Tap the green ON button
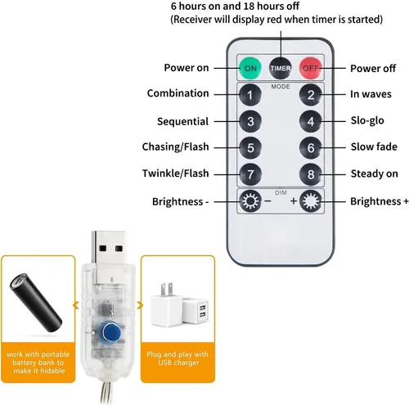pos(250,68)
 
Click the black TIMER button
pos(281,68)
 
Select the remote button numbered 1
pos(250,95)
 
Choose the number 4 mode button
pos(311,121)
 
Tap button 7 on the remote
pos(250,174)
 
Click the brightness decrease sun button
pos(250,201)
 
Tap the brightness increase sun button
pos(311,201)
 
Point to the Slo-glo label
pos(367,120)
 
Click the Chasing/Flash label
pos(175,147)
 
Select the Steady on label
pos(375,174)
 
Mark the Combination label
pos(178,93)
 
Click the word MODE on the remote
pos(281,87)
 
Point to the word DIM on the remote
pos(281,192)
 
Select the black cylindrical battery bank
pos(35,303)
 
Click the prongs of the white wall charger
pos(167,289)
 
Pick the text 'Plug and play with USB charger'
pos(178,359)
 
